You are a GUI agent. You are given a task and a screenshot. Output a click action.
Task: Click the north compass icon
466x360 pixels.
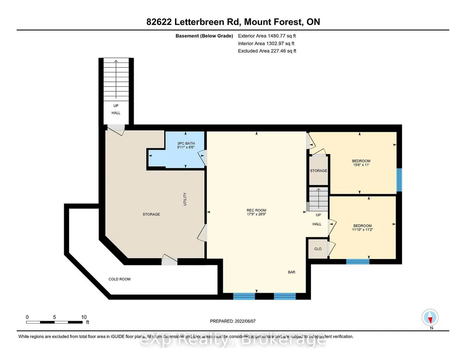point(430,318)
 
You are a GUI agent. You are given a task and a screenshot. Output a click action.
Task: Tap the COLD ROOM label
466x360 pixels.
point(120,279)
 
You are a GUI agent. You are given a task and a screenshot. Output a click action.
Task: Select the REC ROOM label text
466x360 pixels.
point(256,210)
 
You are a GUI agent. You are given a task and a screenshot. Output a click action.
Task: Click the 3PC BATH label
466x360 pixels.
point(186,144)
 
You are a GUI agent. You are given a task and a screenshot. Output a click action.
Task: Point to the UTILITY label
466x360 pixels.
point(185,199)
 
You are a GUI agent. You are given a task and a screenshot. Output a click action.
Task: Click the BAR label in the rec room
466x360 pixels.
point(291,272)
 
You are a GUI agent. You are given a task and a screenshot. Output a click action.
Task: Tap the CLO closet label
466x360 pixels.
point(318,249)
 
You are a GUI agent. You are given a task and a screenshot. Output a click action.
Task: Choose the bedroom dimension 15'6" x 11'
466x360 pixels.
point(361,165)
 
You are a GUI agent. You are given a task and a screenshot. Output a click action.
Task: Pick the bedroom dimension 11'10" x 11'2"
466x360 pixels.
point(363,230)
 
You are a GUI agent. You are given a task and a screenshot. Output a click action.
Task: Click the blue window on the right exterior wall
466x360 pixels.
point(400,180)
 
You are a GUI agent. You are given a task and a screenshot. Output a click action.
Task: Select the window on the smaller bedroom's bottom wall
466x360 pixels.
point(358,262)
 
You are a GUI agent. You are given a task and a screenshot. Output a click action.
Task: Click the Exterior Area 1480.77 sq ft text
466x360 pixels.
point(267,36)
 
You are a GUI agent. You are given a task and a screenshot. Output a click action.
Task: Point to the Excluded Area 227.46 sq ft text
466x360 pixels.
point(267,51)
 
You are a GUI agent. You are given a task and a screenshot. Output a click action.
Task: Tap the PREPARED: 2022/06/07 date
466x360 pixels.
point(233,321)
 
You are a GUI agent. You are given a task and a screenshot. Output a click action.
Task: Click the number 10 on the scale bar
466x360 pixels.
point(84,317)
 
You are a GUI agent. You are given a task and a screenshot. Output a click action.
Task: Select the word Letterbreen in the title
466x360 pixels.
point(202,22)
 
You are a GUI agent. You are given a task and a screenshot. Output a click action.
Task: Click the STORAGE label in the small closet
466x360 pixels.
point(319,171)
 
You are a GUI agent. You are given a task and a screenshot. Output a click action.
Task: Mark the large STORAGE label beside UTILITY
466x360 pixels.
point(151,214)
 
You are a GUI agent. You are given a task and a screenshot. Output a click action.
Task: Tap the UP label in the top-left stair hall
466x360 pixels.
point(116,106)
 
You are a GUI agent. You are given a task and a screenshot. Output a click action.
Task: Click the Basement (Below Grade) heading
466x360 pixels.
point(204,36)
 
